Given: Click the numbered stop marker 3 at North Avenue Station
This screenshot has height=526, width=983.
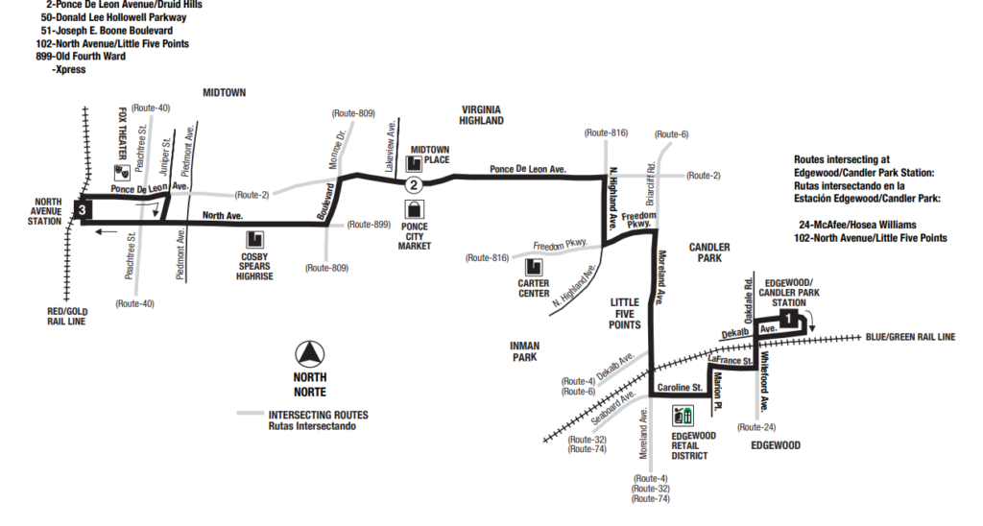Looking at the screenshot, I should click(x=84, y=208).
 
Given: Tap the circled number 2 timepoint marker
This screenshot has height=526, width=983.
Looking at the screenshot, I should click(x=413, y=183).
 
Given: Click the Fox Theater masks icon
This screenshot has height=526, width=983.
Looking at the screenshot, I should click(x=122, y=172).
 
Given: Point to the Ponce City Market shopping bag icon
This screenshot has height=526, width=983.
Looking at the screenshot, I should click(x=414, y=209).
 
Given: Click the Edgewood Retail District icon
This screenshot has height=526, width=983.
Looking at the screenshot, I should click(x=683, y=416).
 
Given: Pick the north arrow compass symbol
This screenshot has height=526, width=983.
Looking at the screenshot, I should click(x=309, y=354).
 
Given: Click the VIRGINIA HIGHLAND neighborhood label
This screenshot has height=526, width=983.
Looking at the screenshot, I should click(x=482, y=116).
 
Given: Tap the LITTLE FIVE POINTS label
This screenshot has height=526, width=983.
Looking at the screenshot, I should click(x=625, y=314).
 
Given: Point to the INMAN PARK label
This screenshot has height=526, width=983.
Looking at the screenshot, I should click(x=525, y=351).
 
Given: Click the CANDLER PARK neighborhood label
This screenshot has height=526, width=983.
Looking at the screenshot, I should click(x=710, y=253).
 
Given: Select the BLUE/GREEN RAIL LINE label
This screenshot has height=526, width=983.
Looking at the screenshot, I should click(x=909, y=337).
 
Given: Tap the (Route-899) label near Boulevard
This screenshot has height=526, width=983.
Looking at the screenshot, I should click(x=369, y=224).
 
